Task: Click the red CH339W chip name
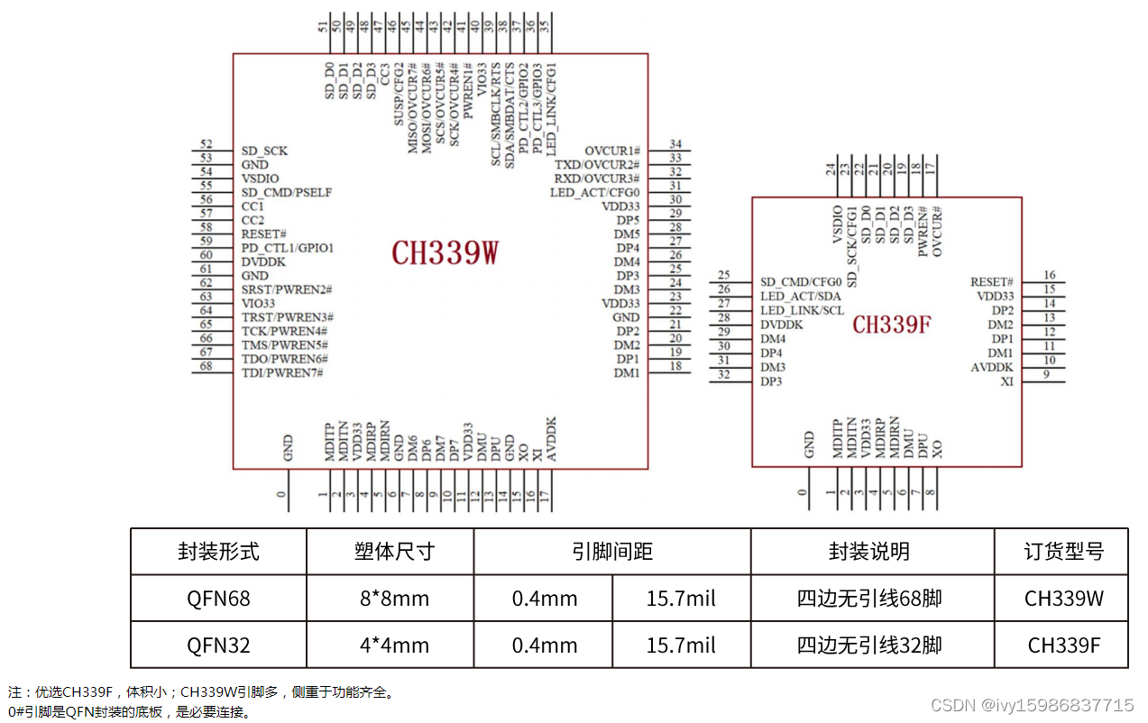[x=445, y=253]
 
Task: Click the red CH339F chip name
[x=891, y=325]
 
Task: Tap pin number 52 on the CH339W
[x=207, y=144]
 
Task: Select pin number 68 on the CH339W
[x=207, y=366]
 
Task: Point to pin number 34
[x=675, y=144]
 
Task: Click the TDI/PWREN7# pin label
[x=282, y=372]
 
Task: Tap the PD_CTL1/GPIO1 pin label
[x=288, y=248]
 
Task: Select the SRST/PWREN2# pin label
[x=287, y=289]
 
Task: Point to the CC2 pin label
[x=253, y=220]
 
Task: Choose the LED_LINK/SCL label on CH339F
[x=802, y=310]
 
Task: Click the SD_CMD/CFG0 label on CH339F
[x=801, y=282]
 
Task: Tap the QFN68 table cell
[x=218, y=598]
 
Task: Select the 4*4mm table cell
[x=390, y=645]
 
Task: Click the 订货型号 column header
[x=1063, y=551]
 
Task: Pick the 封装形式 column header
[x=218, y=551]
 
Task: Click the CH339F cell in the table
[x=1063, y=645]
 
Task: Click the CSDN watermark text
[x=1032, y=705]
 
